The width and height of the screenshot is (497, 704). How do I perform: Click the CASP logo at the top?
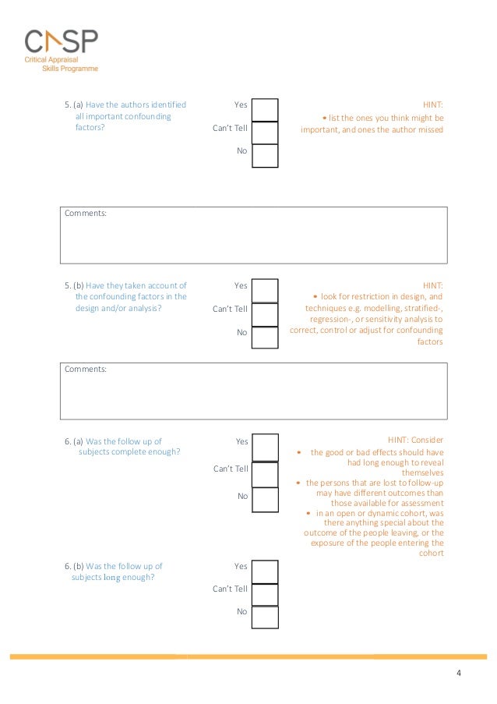pyautogui.click(x=62, y=49)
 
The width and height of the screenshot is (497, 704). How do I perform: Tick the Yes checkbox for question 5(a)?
pyautogui.click(x=265, y=110)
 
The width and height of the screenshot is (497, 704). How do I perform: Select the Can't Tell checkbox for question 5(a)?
pyautogui.click(x=265, y=133)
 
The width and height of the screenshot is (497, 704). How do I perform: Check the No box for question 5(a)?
pyautogui.click(x=265, y=155)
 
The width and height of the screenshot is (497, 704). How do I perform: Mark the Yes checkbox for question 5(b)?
pyautogui.click(x=265, y=290)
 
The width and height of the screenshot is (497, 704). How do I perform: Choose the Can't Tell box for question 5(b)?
pyautogui.click(x=265, y=313)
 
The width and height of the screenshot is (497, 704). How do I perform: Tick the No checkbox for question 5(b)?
pyautogui.click(x=265, y=337)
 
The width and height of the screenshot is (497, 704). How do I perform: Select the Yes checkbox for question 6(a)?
pyautogui.click(x=265, y=447)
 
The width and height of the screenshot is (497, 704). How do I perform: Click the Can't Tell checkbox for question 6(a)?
pyautogui.click(x=265, y=473)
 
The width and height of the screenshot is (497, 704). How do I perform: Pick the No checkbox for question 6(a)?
pyautogui.click(x=265, y=499)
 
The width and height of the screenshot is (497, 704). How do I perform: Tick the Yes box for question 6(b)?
pyautogui.click(x=265, y=571)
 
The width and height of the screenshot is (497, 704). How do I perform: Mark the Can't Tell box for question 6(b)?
pyautogui.click(x=265, y=594)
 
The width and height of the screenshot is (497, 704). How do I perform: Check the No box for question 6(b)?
pyautogui.click(x=265, y=617)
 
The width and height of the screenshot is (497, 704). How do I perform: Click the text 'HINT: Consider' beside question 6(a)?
pyautogui.click(x=415, y=440)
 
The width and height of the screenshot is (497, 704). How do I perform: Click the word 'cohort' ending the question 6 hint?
pyautogui.click(x=431, y=554)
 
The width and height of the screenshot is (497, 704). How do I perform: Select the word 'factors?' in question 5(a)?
pyautogui.click(x=90, y=128)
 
